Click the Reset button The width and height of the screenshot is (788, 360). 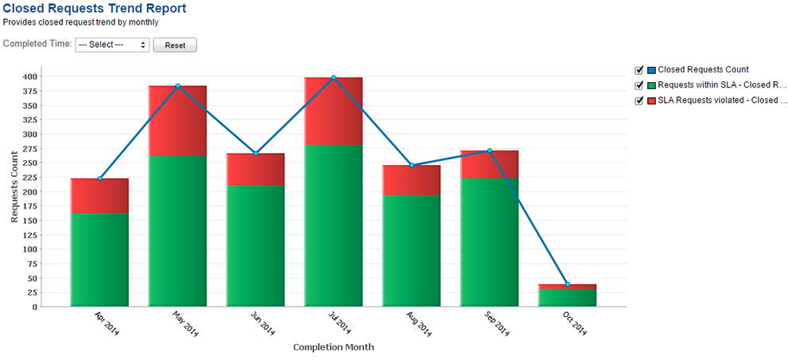[x=174, y=45]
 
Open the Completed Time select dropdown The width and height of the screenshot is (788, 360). [x=111, y=45]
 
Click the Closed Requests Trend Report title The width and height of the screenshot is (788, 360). [x=95, y=9]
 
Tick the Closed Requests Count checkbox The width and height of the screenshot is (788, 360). [x=639, y=70]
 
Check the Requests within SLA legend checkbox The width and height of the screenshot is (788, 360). [x=639, y=85]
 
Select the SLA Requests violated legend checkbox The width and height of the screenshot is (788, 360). [x=639, y=100]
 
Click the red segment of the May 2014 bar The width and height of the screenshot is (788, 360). [x=177, y=121]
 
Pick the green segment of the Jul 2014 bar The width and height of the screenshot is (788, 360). [x=334, y=225]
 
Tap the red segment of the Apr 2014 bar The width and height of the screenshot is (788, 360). [x=99, y=196]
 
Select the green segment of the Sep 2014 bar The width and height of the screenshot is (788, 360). [x=490, y=241]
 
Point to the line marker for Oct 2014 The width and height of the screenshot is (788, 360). [x=568, y=284]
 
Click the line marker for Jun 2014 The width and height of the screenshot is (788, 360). [x=256, y=153]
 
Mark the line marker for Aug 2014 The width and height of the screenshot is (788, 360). [x=412, y=165]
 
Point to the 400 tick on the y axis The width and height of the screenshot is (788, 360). [x=31, y=76]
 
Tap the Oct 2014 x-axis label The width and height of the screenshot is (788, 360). [x=573, y=326]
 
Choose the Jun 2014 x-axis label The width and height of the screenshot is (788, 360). [x=261, y=326]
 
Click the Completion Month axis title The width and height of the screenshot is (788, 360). [x=334, y=347]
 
